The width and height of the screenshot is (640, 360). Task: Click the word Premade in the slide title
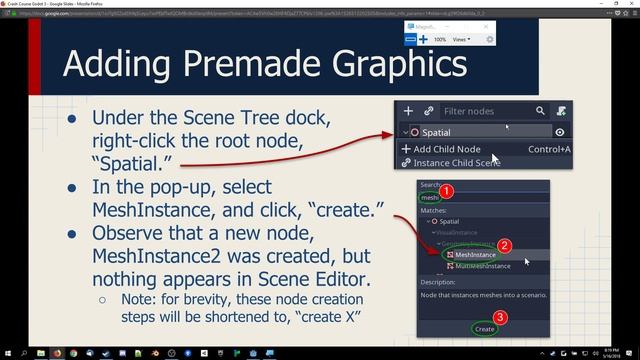[256, 64]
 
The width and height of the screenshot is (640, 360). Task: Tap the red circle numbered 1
[448, 190]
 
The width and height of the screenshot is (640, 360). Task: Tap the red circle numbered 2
[505, 245]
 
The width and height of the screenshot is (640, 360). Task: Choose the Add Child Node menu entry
[444, 149]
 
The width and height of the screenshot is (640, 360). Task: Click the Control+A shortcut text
[549, 149]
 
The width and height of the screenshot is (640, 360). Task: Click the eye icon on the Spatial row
[560, 132]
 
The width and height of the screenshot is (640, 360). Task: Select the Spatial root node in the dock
[436, 132]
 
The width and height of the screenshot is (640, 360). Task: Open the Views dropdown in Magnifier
[461, 39]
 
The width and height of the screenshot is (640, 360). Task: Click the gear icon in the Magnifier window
[489, 39]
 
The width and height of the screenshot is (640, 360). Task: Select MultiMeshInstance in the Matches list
[483, 266]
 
